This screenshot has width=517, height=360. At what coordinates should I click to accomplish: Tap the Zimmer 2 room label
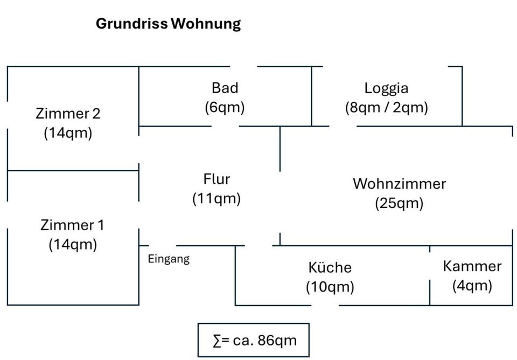[x=68, y=114]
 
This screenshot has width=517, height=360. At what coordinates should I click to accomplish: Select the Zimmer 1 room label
[x=72, y=225]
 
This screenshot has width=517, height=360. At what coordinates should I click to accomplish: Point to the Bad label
[x=225, y=88]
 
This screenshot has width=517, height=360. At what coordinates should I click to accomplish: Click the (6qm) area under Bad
[x=225, y=107]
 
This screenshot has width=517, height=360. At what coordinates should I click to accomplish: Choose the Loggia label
[x=386, y=88]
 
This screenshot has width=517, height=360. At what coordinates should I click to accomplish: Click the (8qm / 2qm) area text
[x=386, y=107]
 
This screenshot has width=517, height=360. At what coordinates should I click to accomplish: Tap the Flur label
[x=216, y=179]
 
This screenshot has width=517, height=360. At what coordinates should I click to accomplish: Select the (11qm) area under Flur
[x=216, y=198]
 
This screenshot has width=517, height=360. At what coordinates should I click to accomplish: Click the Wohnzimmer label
[x=399, y=184]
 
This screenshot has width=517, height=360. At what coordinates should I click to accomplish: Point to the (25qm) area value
[x=399, y=203]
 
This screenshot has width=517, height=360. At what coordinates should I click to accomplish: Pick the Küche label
[x=330, y=267]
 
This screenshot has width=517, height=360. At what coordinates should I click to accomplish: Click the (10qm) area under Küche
[x=330, y=287]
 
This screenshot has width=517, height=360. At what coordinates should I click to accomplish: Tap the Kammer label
[x=472, y=266]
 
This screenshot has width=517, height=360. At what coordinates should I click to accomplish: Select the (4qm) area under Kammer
[x=472, y=285]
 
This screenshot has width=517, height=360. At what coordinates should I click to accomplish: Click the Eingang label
[x=169, y=259]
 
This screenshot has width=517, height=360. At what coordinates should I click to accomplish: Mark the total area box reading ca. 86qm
[x=254, y=340]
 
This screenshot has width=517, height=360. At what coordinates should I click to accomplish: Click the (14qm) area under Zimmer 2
[x=68, y=133]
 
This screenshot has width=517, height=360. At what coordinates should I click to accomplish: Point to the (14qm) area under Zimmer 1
[x=72, y=245]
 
